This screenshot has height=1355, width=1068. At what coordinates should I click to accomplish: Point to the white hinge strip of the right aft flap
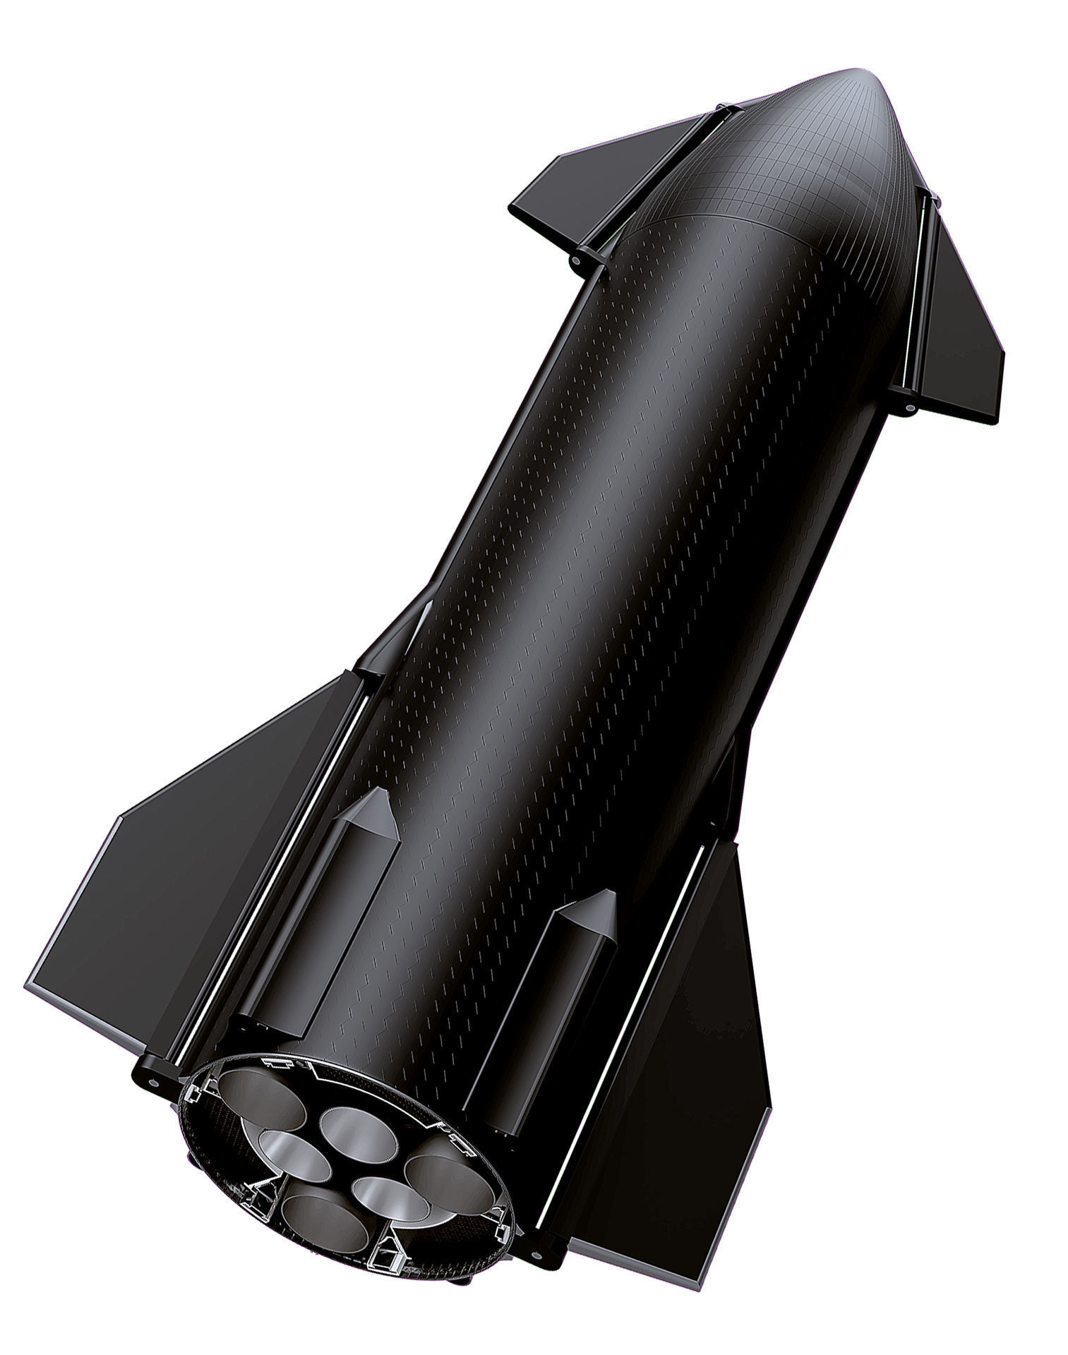[621, 1044]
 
